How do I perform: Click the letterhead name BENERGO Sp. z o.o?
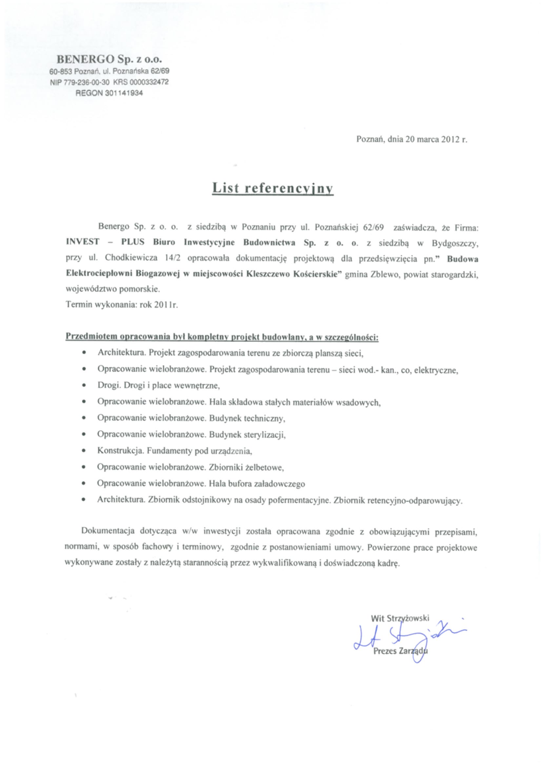pos(109,59)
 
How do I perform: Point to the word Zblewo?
pos(383,274)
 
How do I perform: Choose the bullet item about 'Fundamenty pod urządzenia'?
pos(174,451)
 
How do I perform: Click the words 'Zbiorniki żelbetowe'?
pos(246,467)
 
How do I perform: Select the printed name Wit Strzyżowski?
pos(400,618)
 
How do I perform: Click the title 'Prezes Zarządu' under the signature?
pos(400,651)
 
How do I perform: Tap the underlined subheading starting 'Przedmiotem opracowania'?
pos(222,337)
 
